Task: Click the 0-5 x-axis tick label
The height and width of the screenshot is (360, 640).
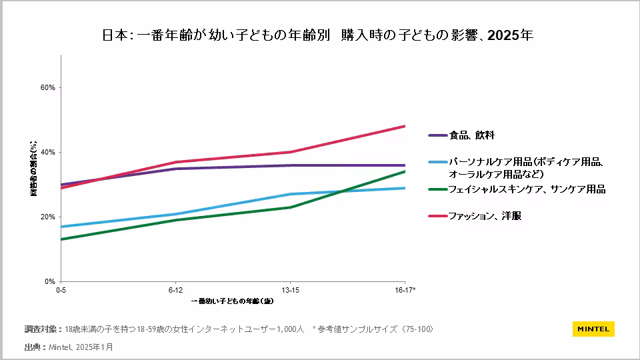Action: coord(61,290)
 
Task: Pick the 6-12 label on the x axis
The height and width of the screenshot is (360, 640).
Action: coord(175,290)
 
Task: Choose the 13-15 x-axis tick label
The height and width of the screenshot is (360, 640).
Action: coord(290,290)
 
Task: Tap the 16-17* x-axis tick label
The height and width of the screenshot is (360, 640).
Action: coord(405,290)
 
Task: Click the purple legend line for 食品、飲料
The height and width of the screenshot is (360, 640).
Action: coord(437,135)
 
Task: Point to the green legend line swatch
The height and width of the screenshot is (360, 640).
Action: coord(437,189)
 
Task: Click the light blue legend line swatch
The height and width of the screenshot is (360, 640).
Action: coord(437,162)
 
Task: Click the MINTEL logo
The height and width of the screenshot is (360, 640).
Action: coord(593,329)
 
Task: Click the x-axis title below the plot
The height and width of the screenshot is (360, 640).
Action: coord(232,301)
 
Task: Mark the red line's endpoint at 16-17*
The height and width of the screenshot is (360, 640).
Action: coord(405,126)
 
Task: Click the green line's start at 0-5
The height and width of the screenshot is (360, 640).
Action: coord(61,239)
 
